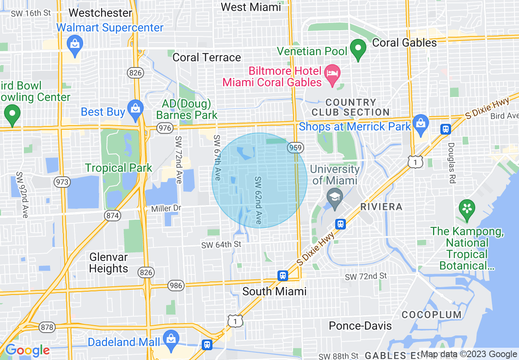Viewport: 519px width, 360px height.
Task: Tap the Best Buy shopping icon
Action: point(135,108)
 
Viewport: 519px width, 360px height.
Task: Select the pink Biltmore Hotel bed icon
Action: point(332,74)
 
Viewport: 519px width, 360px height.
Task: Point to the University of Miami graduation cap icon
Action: point(335,198)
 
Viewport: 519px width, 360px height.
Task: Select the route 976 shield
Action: point(165,128)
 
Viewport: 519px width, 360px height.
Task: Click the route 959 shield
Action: point(295,147)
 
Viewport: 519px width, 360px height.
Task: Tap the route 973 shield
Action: point(63,182)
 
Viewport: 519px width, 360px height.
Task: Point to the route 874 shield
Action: point(113,216)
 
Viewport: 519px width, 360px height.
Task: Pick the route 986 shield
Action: point(176,285)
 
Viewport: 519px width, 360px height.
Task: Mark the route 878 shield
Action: point(47,327)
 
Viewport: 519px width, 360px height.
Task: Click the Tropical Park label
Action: point(119,168)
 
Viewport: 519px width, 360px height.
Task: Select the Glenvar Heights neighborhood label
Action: point(108,263)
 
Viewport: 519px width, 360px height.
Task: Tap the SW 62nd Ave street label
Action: point(258,200)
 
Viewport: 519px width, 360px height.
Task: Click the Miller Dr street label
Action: point(166,209)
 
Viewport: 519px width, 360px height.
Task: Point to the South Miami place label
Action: point(274,291)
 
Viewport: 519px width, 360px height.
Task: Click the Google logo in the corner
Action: point(27,351)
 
